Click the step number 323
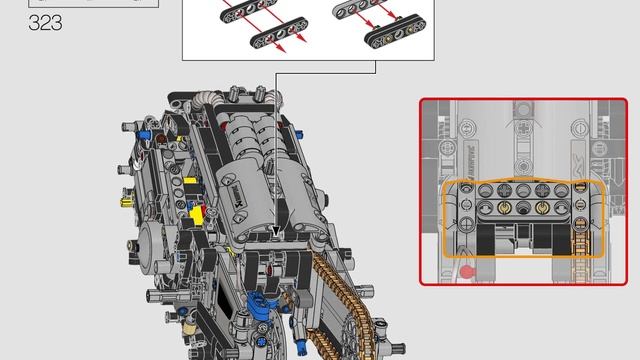(46, 22)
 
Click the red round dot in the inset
(466, 270)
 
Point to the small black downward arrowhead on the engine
(276, 232)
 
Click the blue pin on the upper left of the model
(147, 136)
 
